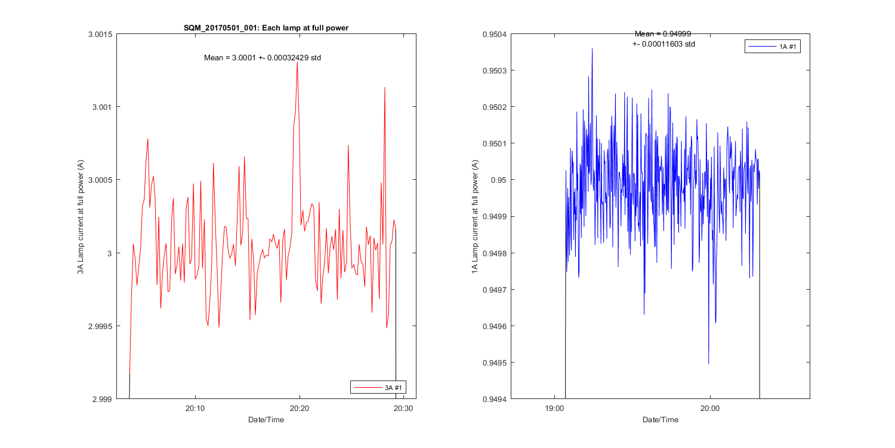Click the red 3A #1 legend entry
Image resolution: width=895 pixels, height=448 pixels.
379,388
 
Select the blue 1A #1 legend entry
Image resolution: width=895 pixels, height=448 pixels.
773,46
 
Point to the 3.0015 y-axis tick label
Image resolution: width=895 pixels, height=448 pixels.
98,34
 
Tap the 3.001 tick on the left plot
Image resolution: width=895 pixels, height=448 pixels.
101,107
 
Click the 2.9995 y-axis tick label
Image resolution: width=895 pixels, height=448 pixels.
98,326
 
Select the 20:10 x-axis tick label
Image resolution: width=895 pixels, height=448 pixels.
195,409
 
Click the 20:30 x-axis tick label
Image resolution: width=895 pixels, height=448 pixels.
404,409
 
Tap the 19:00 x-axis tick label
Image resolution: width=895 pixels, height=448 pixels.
555,409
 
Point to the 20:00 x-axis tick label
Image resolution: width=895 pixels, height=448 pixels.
710,409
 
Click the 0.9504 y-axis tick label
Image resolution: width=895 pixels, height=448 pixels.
495,34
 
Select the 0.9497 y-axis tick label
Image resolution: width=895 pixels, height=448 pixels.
495,290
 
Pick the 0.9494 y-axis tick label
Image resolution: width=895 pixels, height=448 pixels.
495,399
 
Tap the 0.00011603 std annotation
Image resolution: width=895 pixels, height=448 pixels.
663,44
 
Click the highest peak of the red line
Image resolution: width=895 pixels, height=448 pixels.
297,62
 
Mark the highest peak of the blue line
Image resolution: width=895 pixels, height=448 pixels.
592,49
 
